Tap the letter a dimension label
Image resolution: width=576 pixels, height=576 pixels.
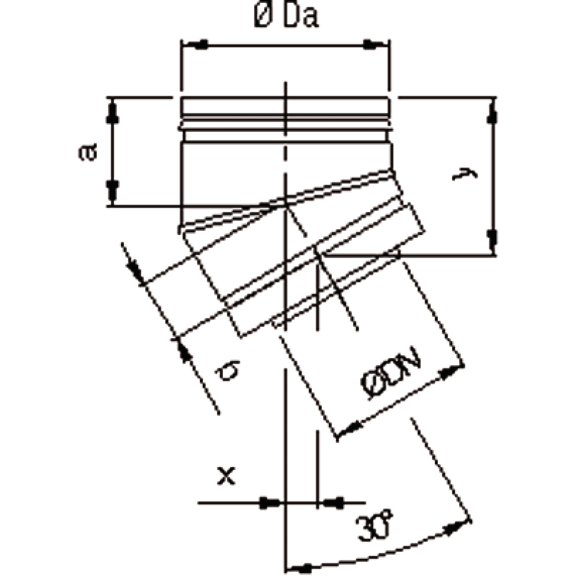(x=88, y=151)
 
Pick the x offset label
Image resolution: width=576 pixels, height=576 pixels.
(x=226, y=476)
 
